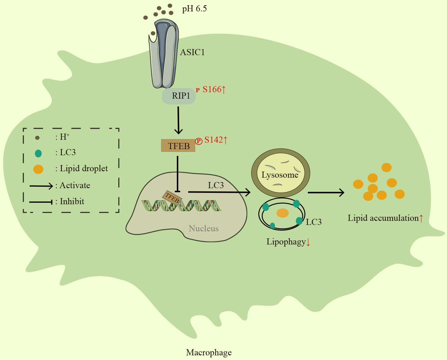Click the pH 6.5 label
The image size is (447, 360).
point(194,9)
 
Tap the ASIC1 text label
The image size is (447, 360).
point(192,52)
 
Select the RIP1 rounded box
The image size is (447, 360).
point(179,96)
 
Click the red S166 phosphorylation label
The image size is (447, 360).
point(214,90)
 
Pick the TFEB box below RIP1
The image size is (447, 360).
point(178,146)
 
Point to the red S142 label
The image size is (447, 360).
point(215,140)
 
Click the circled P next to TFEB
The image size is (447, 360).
point(199,141)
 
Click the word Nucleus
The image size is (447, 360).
point(204,228)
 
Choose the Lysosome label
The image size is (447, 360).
point(280,175)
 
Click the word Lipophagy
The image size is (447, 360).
point(286,242)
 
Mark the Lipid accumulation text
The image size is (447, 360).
point(383,218)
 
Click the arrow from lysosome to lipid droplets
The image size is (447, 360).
point(326,193)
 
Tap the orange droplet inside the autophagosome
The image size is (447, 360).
point(282,213)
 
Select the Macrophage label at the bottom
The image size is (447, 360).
point(209,352)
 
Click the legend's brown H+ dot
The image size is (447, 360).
point(37,137)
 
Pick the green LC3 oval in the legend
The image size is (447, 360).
point(38,153)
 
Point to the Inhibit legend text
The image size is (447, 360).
point(72,201)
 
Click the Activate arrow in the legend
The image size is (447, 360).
point(41,186)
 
